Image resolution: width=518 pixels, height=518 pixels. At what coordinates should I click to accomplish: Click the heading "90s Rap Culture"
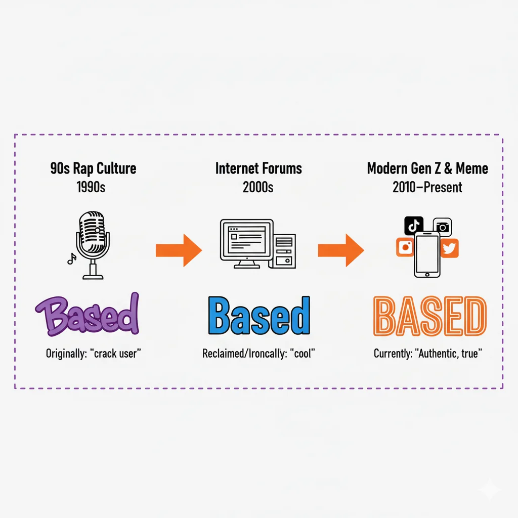coord(93,168)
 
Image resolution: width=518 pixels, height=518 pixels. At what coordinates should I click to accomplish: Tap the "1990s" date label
coord(91,187)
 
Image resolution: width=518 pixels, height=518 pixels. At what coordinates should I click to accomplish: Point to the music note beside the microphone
coord(71,258)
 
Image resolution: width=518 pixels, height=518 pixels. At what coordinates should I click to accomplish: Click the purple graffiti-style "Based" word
coord(87,315)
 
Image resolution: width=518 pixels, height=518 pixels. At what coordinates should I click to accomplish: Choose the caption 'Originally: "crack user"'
coord(93,354)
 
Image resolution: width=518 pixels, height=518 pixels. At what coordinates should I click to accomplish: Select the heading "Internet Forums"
coord(258,168)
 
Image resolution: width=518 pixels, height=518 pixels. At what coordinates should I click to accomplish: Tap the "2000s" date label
coord(258,187)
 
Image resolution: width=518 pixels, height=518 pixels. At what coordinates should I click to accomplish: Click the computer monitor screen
coord(247,239)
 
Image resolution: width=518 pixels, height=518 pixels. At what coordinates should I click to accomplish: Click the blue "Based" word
coord(258,316)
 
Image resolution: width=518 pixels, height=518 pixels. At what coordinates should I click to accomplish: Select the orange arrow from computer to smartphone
coord(340,250)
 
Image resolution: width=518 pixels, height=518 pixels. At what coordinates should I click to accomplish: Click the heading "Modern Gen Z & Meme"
coord(427,168)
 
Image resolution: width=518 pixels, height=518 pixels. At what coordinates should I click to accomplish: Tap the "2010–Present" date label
coord(427,187)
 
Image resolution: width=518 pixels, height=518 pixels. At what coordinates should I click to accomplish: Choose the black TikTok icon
coord(414,225)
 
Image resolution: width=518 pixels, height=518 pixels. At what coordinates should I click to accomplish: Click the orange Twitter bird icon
coord(449,248)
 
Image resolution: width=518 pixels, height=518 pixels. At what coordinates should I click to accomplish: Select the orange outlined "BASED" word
coord(429,317)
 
